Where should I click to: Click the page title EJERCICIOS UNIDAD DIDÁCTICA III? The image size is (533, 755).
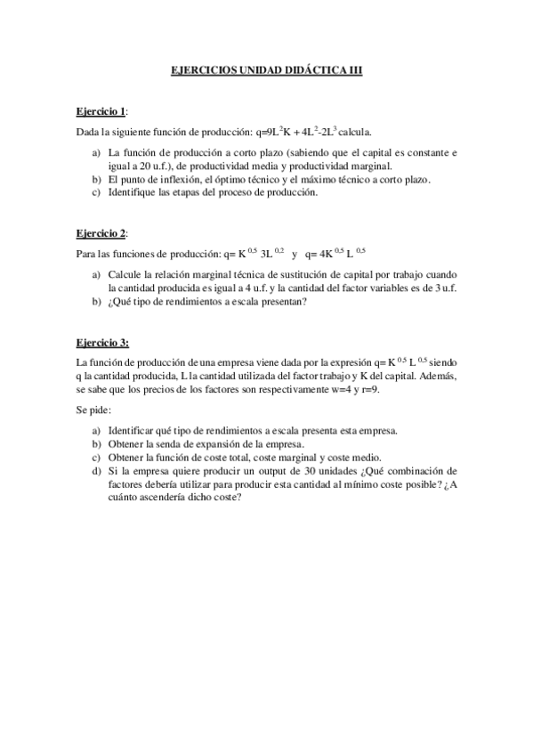pyautogui.click(x=266, y=77)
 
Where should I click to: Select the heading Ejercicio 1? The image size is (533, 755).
pyautogui.click(x=101, y=112)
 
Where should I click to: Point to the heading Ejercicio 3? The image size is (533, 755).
pyautogui.click(x=101, y=342)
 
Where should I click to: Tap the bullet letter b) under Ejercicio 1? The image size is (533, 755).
pyautogui.click(x=96, y=179)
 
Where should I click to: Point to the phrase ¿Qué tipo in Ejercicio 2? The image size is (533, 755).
pyautogui.click(x=132, y=301)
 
